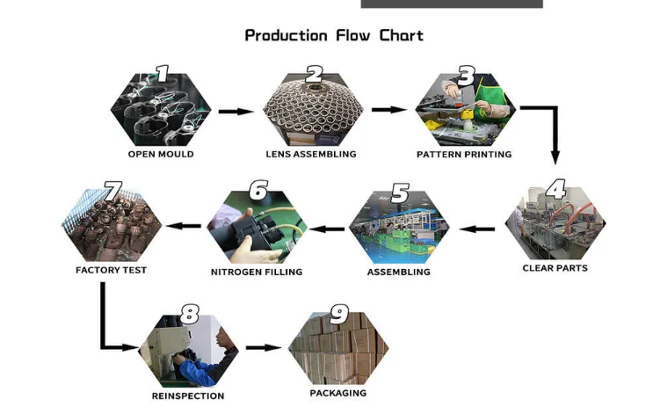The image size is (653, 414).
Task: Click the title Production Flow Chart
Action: [334, 36]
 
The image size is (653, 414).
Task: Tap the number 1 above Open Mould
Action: [162, 73]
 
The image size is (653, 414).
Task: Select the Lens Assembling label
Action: [311, 154]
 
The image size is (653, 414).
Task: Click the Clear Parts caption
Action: [555, 267]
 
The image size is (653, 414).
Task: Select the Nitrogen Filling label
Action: [257, 272]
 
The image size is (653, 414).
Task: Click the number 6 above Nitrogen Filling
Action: [258, 189]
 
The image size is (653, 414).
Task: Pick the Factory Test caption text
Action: [111, 270]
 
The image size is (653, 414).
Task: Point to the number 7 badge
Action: [112, 189]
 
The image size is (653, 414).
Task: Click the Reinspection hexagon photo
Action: [188, 352]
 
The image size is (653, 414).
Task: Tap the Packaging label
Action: [338, 393]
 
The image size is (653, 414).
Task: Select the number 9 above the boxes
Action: [338, 315]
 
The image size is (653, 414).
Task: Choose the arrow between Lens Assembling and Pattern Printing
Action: [388, 110]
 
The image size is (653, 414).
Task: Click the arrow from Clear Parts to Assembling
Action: [478, 229]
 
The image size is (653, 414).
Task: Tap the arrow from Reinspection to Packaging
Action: [263, 347]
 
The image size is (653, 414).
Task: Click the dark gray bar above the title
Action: [452, 4]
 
